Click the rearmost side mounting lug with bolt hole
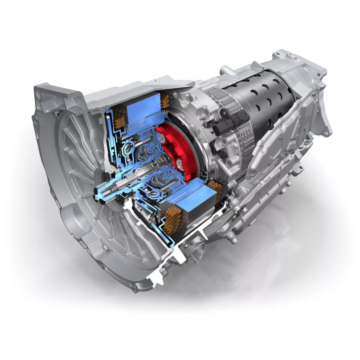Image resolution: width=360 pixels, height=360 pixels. (327, 129)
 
